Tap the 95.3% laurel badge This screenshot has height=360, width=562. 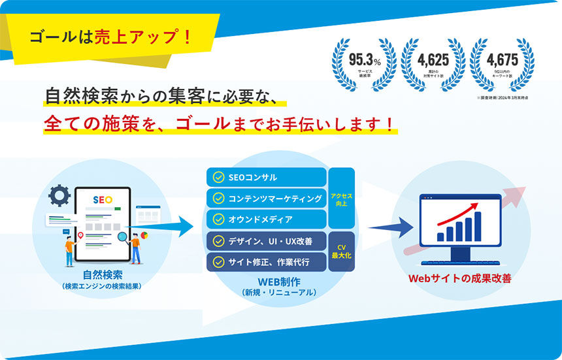(x=364, y=63)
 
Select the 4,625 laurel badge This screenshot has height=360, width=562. (x=433, y=63)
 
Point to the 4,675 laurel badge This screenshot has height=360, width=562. (x=502, y=63)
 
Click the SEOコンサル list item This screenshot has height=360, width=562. (x=267, y=177)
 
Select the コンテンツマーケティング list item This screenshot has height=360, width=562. (x=267, y=198)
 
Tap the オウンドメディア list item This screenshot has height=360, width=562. (x=267, y=219)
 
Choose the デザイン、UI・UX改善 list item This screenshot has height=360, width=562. (x=267, y=241)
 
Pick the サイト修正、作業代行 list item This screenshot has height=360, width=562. (x=267, y=262)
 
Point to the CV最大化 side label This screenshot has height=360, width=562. (x=342, y=251)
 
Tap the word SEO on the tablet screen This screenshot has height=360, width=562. (x=103, y=200)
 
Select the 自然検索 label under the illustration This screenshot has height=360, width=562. (x=103, y=275)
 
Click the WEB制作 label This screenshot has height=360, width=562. (x=279, y=282)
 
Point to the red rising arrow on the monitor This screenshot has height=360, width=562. (x=461, y=213)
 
